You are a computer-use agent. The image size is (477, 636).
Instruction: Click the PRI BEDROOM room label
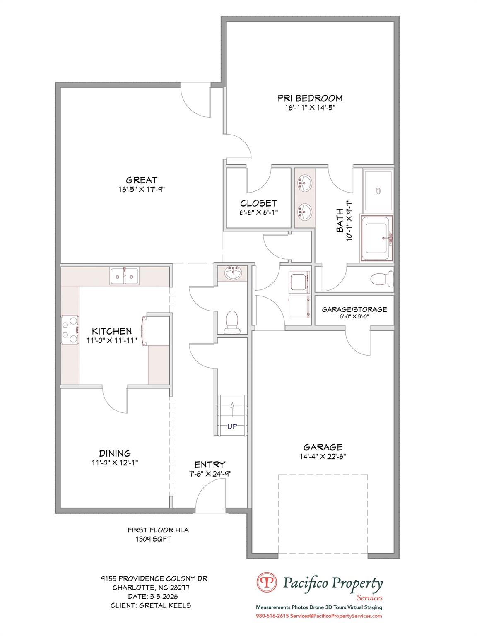[x=310, y=98]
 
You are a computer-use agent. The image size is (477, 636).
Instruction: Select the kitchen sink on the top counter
[x=125, y=276]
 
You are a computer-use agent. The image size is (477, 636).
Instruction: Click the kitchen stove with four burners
[x=70, y=330]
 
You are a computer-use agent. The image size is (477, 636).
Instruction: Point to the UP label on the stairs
[x=232, y=426]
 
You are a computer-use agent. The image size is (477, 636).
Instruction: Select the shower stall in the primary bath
[x=378, y=190]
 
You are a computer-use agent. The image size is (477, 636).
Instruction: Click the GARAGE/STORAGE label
[x=354, y=309]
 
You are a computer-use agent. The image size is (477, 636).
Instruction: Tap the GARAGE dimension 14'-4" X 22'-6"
[x=323, y=457]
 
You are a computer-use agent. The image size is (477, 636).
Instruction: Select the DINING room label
[x=115, y=453]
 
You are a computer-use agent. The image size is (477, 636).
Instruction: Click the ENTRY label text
[x=210, y=465]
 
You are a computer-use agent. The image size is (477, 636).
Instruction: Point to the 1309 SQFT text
[x=153, y=539]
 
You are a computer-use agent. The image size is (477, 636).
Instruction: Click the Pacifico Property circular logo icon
[x=267, y=583]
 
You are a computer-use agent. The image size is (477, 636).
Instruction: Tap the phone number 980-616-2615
[x=272, y=616]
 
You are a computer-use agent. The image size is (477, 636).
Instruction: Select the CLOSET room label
[x=258, y=203]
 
